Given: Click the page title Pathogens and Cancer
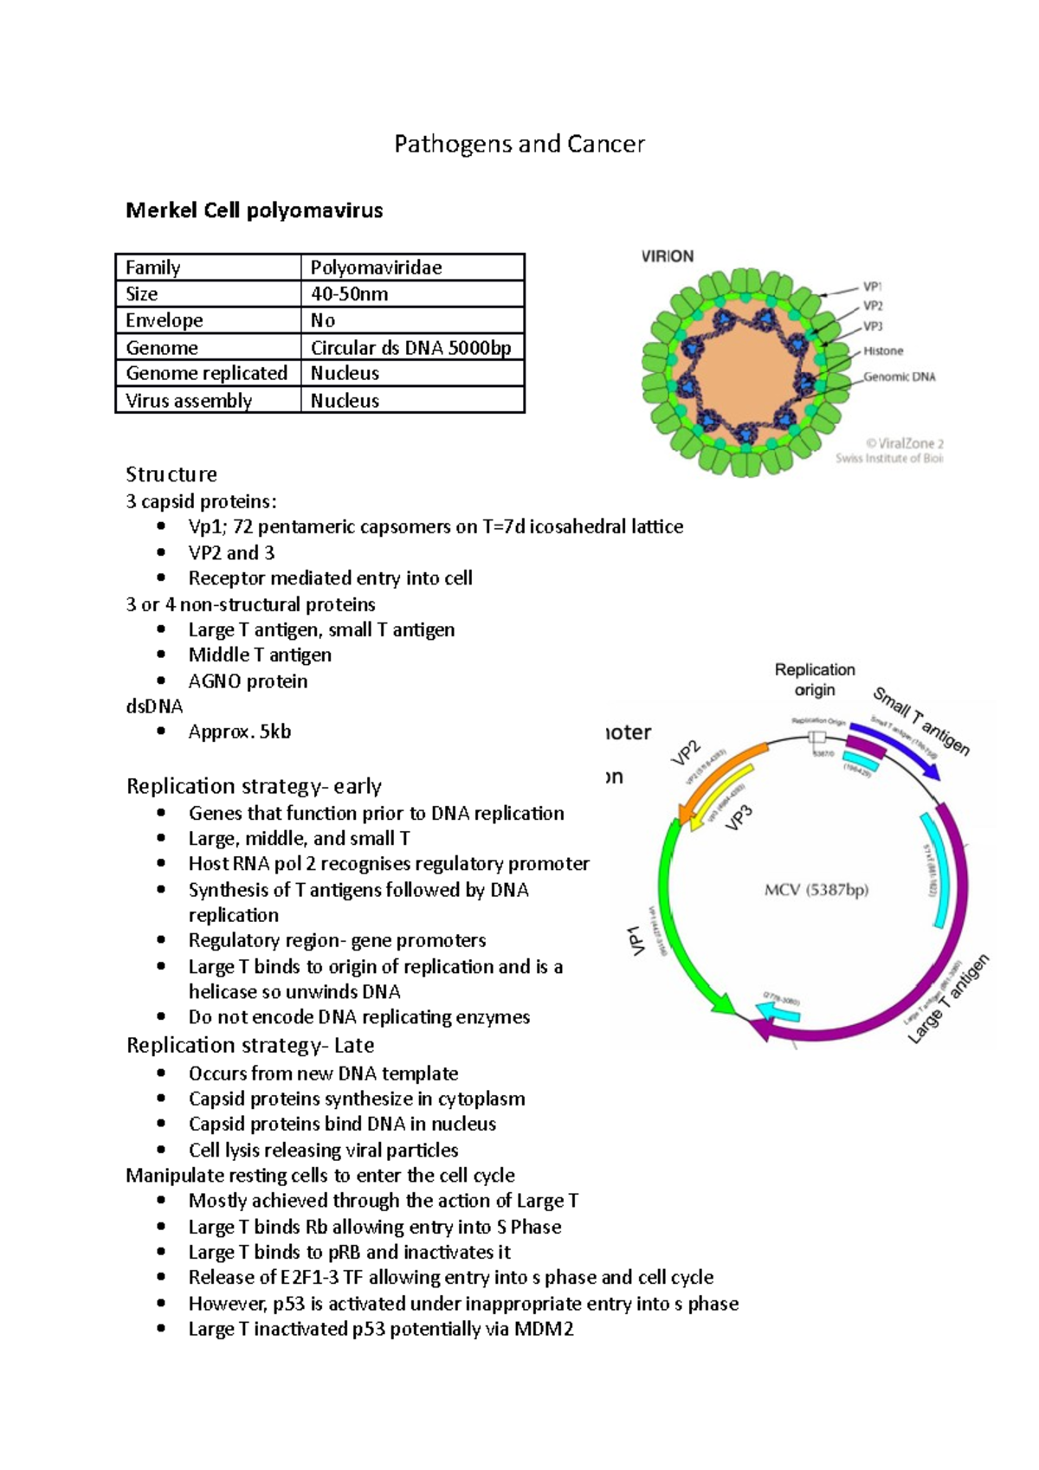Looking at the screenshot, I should tap(519, 144).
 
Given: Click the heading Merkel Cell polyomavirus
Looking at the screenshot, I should tap(254, 210).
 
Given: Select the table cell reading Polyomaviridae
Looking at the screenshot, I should tap(377, 268).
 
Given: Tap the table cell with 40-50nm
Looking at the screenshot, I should tap(349, 294).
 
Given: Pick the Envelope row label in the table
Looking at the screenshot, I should tap(165, 320).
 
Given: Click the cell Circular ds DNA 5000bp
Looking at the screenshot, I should tap(410, 348).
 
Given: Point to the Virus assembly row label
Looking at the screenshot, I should tap(189, 401).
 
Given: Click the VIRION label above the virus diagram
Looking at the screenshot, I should tap(667, 256).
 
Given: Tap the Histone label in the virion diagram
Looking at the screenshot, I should tap(882, 351).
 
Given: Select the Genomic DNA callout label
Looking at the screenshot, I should tap(899, 377).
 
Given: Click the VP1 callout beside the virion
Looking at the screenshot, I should tap(872, 287).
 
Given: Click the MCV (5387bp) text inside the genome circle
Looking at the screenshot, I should tap(816, 890).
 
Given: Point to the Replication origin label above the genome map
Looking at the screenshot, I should tap(815, 680).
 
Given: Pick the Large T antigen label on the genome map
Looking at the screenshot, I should tap(948, 999).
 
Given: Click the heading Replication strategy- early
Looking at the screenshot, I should tap(254, 786).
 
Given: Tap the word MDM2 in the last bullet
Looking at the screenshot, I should tap(544, 1329).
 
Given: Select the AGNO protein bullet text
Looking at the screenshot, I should tap(248, 681).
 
